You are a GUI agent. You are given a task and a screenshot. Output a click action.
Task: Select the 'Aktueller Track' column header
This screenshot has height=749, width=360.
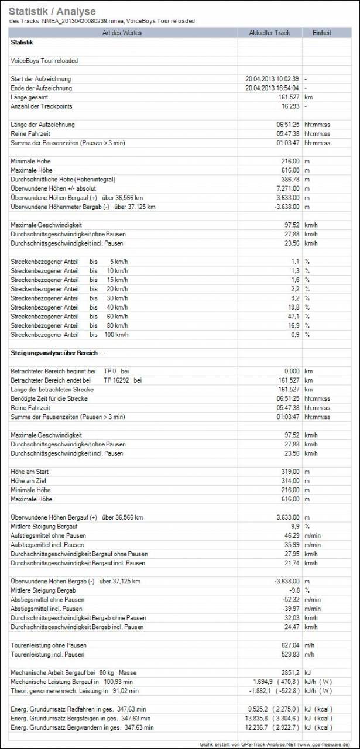[x=269, y=33]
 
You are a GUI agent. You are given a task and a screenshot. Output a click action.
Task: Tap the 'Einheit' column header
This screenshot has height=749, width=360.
[x=323, y=33]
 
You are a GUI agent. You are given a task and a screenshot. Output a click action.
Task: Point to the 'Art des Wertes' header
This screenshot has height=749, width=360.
[x=123, y=33]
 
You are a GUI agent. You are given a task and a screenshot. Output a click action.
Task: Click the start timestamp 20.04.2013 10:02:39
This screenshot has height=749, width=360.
[x=272, y=79]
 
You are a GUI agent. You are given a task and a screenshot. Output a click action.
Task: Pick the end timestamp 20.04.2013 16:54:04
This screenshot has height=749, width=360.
[x=272, y=88]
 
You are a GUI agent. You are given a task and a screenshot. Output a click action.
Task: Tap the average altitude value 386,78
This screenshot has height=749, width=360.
[x=288, y=180]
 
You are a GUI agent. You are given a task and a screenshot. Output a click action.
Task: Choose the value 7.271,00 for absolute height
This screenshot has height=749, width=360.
[x=286, y=188]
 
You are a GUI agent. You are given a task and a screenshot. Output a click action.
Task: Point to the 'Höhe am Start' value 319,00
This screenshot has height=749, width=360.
[x=288, y=472]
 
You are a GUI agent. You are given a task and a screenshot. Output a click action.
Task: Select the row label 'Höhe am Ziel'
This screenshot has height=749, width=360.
[x=29, y=481]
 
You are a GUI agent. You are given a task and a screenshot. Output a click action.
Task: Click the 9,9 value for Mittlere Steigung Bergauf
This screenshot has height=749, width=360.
[x=294, y=527]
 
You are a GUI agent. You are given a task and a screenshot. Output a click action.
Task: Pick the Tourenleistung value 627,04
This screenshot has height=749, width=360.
[x=288, y=645]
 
